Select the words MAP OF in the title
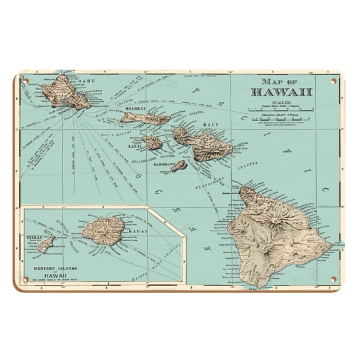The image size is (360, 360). coord(285,82)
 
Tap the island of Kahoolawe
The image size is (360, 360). coord(179,166)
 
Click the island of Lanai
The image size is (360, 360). coord(152,142)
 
